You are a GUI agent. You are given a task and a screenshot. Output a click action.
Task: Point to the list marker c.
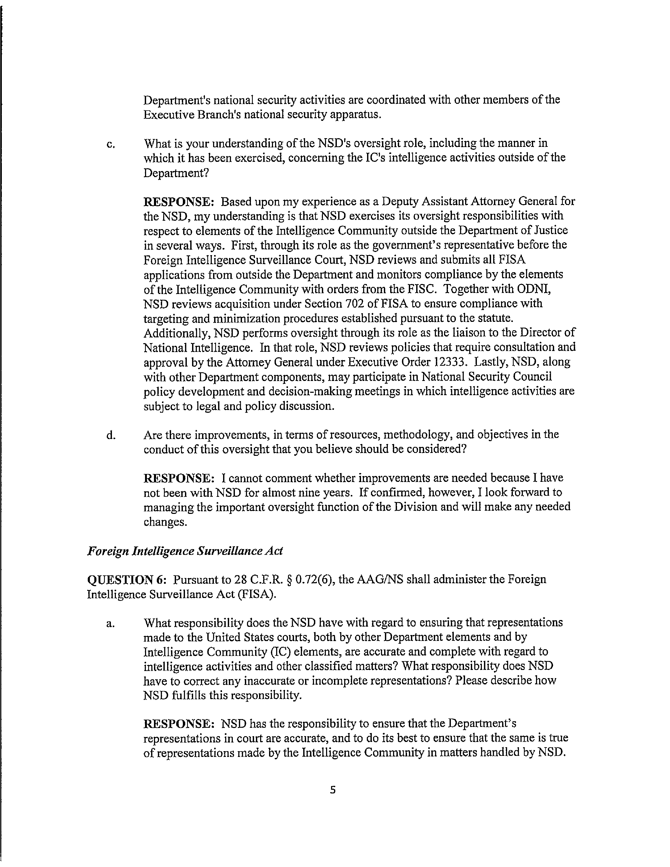pyautogui.click(x=111, y=144)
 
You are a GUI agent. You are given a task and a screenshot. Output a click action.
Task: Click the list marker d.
pyautogui.click(x=111, y=436)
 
